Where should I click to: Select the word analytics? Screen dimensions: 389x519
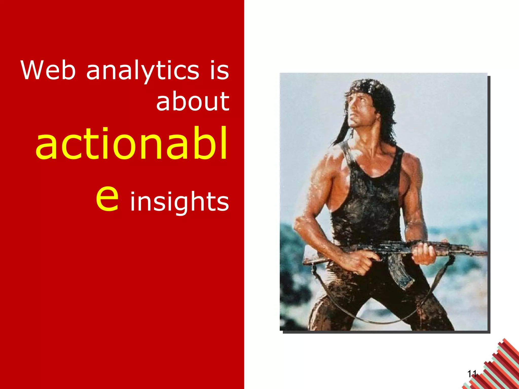point(143,71)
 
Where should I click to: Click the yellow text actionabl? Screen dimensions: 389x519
point(131,144)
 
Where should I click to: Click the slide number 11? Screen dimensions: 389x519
point(472,374)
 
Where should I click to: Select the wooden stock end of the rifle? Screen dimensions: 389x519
point(313,261)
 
